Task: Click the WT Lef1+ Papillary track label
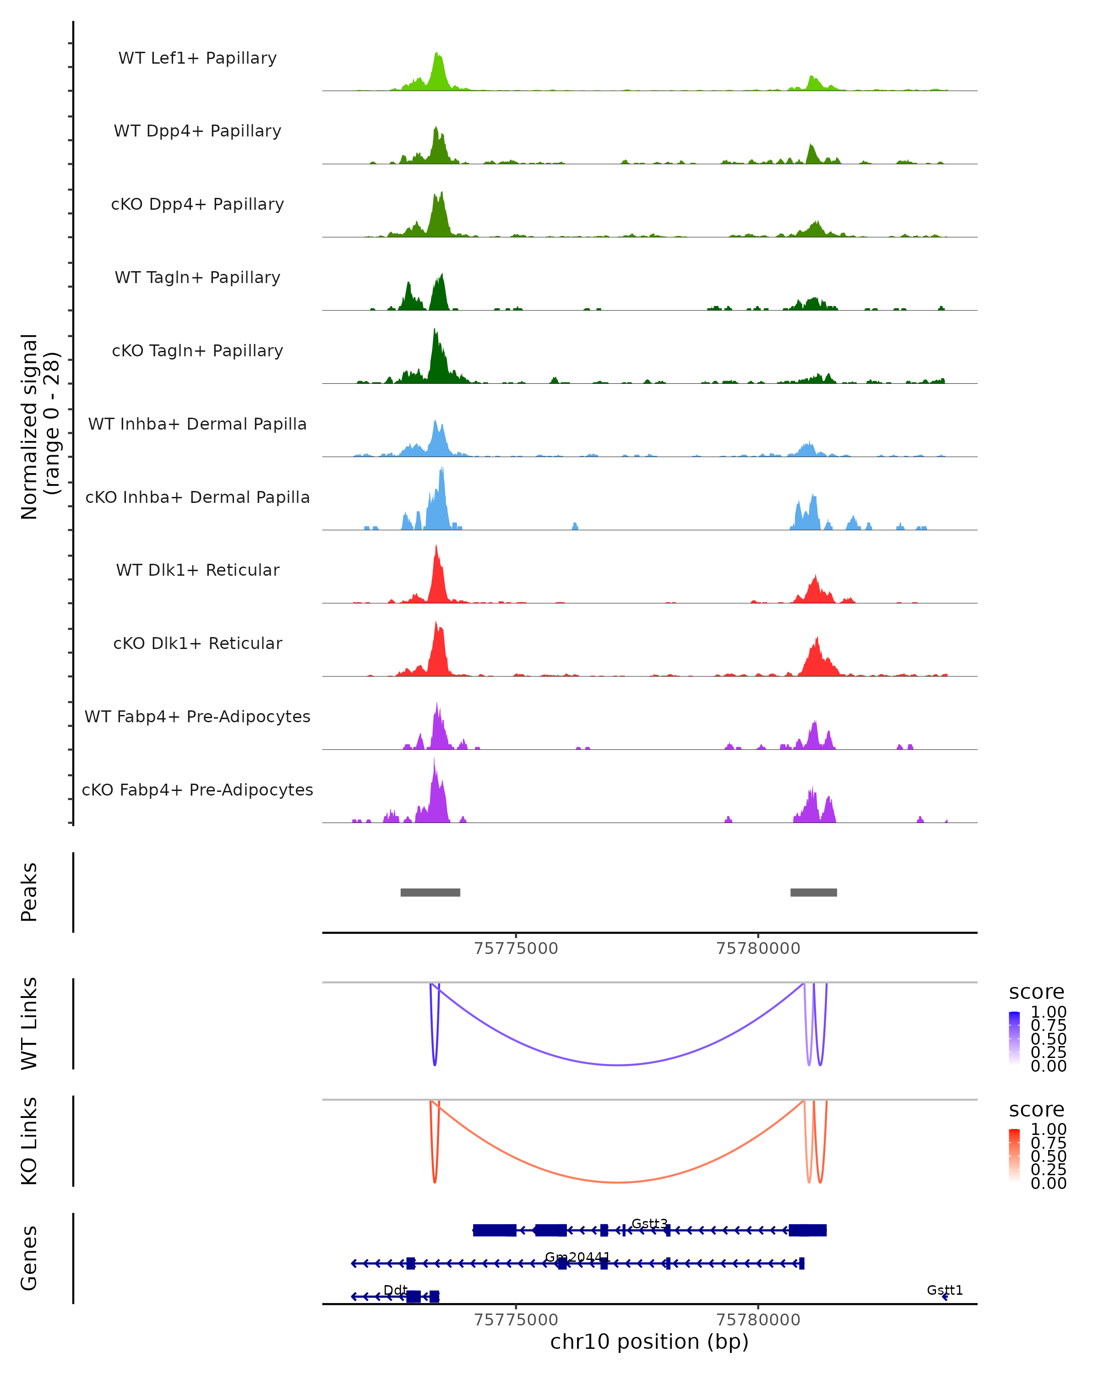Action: [197, 58]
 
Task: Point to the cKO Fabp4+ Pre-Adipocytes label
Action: [197, 790]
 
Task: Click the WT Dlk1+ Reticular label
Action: [197, 570]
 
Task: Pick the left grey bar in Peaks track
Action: [430, 892]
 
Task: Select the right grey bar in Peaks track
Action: [814, 892]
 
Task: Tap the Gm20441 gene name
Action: [577, 1257]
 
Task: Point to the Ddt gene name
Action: [395, 1290]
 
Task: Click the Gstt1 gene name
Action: [944, 1290]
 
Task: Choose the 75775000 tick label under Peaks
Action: [516, 949]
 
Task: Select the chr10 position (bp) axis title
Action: [649, 1341]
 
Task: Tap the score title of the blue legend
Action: [1036, 992]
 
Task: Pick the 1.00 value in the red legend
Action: [1048, 1129]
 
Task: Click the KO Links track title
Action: [29, 1141]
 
